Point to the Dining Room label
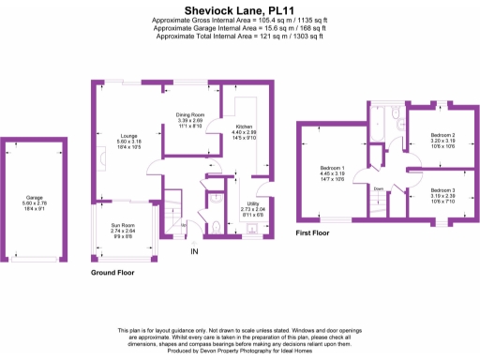tap(190, 118)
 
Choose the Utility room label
tap(253, 206)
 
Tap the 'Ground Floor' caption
tap(112, 273)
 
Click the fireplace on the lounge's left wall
tap(95, 150)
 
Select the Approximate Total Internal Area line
tap(240, 36)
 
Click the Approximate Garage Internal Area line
tap(240, 27)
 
